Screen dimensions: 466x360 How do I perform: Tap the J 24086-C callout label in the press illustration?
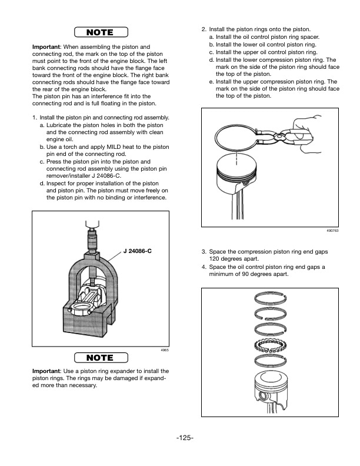[x=137, y=251]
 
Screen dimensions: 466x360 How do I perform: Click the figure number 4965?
[x=165, y=351]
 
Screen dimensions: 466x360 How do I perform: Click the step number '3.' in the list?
[x=204, y=251]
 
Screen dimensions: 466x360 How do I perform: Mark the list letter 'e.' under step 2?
[x=212, y=82]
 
